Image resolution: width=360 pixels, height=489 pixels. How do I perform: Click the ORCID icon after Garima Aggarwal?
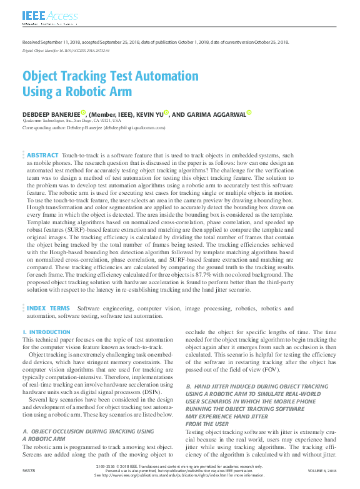coord(248,113)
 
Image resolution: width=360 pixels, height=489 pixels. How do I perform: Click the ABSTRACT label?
coord(42,155)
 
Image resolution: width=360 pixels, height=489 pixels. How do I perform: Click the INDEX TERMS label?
coord(48,309)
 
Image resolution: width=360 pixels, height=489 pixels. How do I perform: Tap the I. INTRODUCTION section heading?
coord(46,333)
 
